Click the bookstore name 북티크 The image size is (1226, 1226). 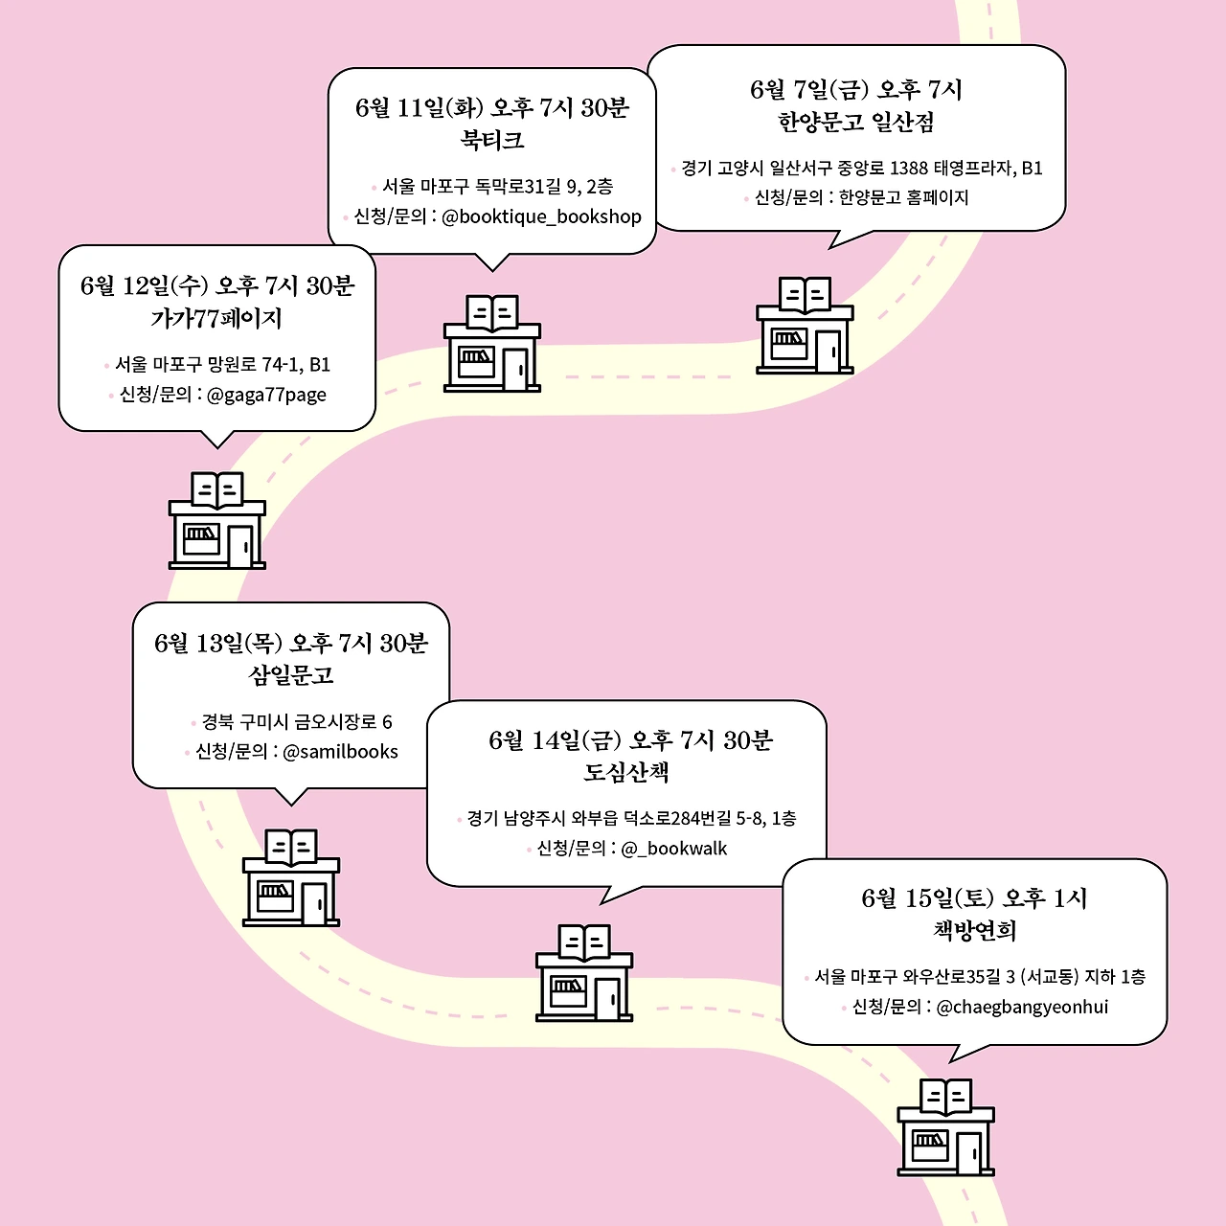coord(492,141)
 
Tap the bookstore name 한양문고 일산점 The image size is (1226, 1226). coord(856,123)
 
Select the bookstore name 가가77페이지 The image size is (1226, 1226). coord(216,318)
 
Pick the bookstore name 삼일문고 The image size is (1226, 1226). coord(291,675)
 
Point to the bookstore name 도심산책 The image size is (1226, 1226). coord(626,773)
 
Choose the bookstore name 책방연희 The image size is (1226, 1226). coord(975,930)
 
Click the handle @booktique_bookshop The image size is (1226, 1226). coord(541,216)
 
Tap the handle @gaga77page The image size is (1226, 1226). coord(266,395)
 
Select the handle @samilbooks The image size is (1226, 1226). coord(340,752)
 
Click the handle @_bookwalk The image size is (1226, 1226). coord(674,849)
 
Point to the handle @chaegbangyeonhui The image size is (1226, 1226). coord(1022,1007)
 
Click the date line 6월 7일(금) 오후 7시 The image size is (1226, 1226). coord(856,90)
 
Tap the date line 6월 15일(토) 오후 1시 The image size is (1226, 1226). coord(975,898)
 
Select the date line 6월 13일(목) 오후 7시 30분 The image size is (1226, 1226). coord(291,644)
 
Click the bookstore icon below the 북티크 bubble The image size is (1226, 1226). coord(492,344)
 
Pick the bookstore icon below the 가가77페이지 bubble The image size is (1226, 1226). coord(217,521)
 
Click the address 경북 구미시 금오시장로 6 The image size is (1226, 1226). coord(296,722)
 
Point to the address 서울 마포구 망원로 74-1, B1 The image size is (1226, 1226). coord(222,365)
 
